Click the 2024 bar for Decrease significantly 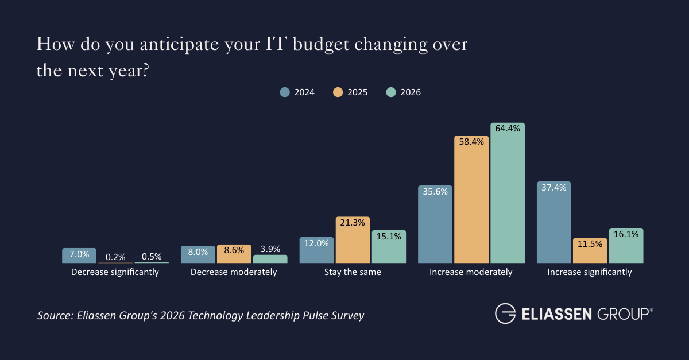79,256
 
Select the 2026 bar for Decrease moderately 270,259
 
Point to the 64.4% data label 508,129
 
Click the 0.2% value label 115,257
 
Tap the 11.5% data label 590,243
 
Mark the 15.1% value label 389,235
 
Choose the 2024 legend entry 297,92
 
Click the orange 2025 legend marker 338,92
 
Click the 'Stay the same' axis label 353,272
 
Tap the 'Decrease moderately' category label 234,272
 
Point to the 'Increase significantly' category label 590,272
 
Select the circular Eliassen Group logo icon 505,314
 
